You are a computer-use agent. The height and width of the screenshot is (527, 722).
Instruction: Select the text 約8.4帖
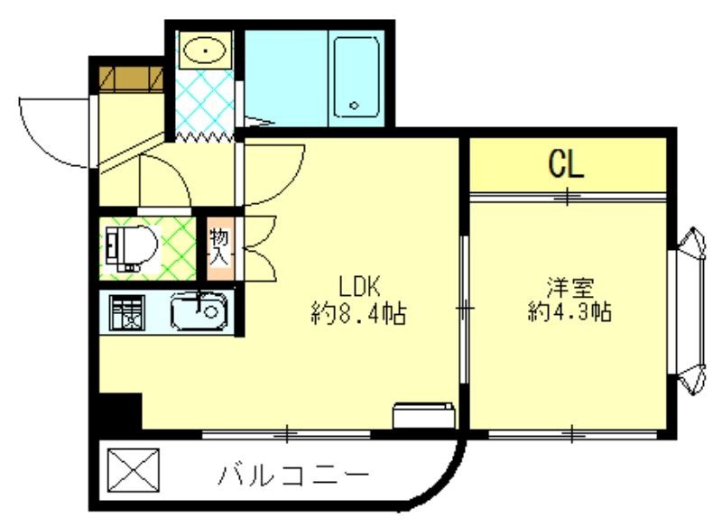coord(357,314)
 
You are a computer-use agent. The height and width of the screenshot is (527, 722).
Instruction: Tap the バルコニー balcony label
coord(293,475)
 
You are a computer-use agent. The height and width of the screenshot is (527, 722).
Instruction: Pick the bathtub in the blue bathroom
coord(357,77)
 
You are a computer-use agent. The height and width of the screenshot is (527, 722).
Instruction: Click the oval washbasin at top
coord(206,50)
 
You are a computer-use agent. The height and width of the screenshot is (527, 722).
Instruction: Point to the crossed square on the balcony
coord(133,468)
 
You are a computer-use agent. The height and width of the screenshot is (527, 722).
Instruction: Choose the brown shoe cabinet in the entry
coord(129,79)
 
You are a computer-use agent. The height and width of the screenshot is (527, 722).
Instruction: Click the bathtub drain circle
coord(355,106)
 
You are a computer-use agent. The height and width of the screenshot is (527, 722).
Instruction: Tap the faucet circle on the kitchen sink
coord(211,313)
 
